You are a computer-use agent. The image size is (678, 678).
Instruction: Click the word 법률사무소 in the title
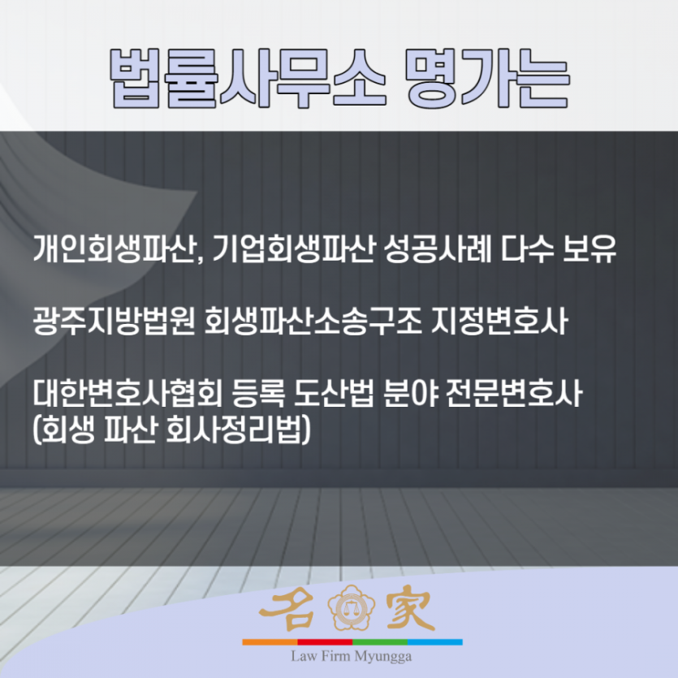[x=248, y=78]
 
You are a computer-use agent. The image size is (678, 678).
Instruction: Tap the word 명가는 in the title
[x=488, y=78]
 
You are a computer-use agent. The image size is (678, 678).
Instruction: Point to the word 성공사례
[x=437, y=249]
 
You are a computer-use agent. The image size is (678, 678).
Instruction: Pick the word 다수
[x=528, y=249]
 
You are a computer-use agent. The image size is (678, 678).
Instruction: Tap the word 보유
[x=589, y=249]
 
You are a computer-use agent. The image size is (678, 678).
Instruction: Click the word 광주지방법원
[x=113, y=322]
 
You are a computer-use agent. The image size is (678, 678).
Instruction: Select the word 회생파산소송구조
[x=312, y=322]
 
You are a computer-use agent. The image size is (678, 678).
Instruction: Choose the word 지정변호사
[x=500, y=322]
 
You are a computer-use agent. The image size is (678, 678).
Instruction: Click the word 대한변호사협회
[x=127, y=394]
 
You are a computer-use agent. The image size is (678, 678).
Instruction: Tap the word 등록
[x=257, y=394]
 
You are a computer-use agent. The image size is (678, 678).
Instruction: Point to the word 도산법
[x=334, y=394]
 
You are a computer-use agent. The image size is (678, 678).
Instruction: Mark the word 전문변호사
[x=514, y=394]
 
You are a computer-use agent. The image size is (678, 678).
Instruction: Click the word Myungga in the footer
[x=382, y=657]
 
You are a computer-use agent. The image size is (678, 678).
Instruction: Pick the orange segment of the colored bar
[x=270, y=642]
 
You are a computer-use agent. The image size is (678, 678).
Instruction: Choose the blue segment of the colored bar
[x=435, y=642]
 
